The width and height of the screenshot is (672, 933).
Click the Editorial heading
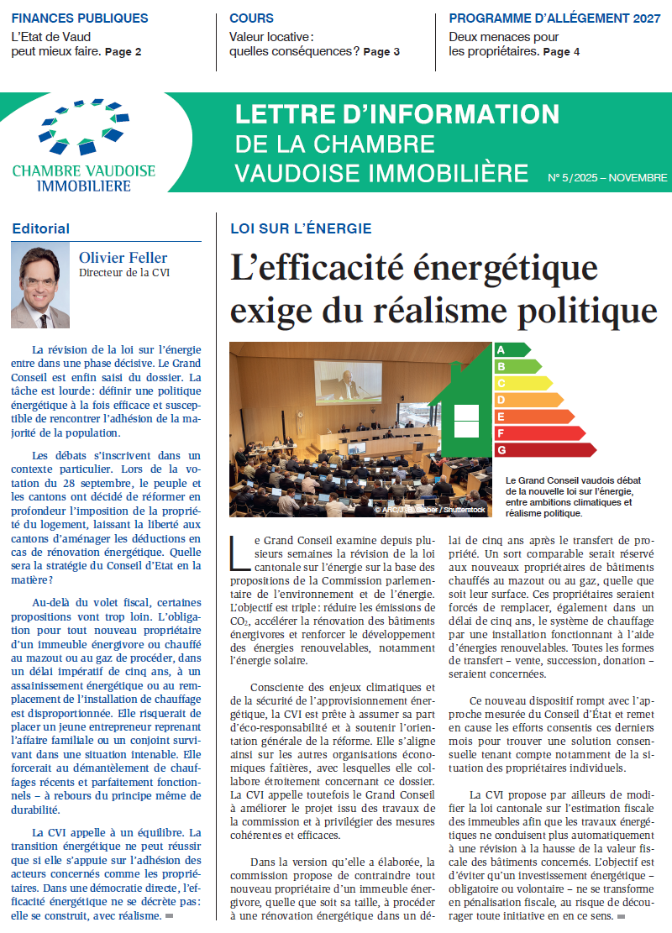pyautogui.click(x=41, y=228)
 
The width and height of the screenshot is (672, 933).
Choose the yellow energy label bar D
pyautogui.click(x=528, y=400)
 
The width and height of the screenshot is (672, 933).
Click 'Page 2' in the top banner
pyautogui.click(x=123, y=52)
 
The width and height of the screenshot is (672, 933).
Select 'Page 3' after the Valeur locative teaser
pyautogui.click(x=381, y=52)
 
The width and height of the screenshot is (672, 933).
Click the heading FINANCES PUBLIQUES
pyautogui.click(x=80, y=18)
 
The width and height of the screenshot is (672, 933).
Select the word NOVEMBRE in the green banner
pyautogui.click(x=638, y=178)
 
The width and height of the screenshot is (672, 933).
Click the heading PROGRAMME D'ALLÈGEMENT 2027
pyautogui.click(x=554, y=18)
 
